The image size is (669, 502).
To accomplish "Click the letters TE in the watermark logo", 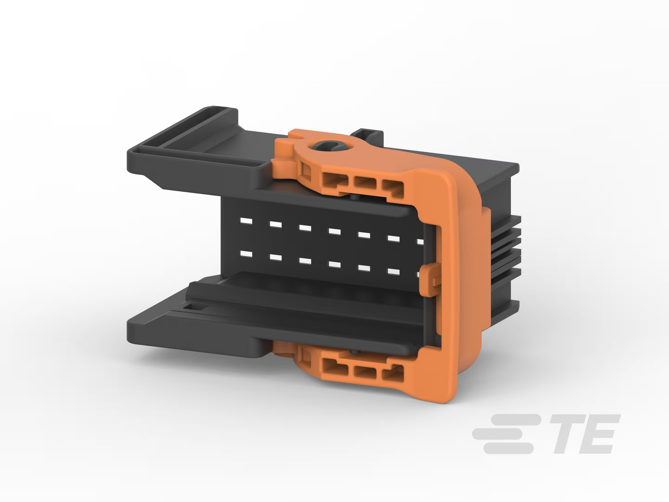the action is pos(584,434).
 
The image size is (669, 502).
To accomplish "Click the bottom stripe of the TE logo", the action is pos(508,448).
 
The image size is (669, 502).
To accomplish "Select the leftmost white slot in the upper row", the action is pos(246,221).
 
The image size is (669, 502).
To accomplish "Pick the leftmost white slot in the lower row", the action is pos(246,254).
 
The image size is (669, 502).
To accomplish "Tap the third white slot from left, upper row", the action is pos(305,228).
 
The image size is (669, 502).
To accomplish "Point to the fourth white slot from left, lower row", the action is pos(334,264).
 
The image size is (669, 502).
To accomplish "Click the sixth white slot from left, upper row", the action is pos(394,238).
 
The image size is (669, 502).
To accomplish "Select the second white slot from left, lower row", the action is pos(276,258).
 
